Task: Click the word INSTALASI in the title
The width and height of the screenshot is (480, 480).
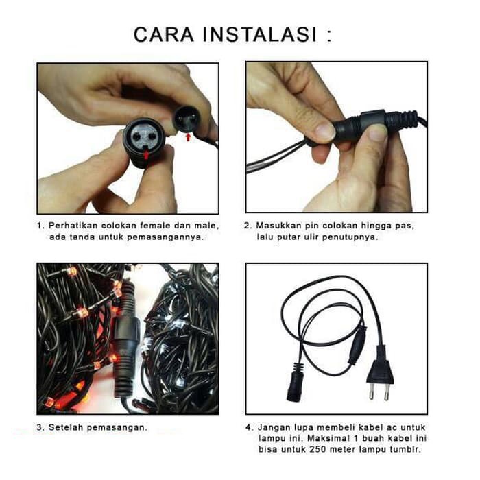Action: [x=261, y=34]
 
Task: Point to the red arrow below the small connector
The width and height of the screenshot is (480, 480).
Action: [x=189, y=138]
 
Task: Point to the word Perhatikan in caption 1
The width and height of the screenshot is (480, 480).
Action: [x=77, y=226]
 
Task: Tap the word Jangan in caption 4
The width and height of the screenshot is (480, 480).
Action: [x=278, y=427]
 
